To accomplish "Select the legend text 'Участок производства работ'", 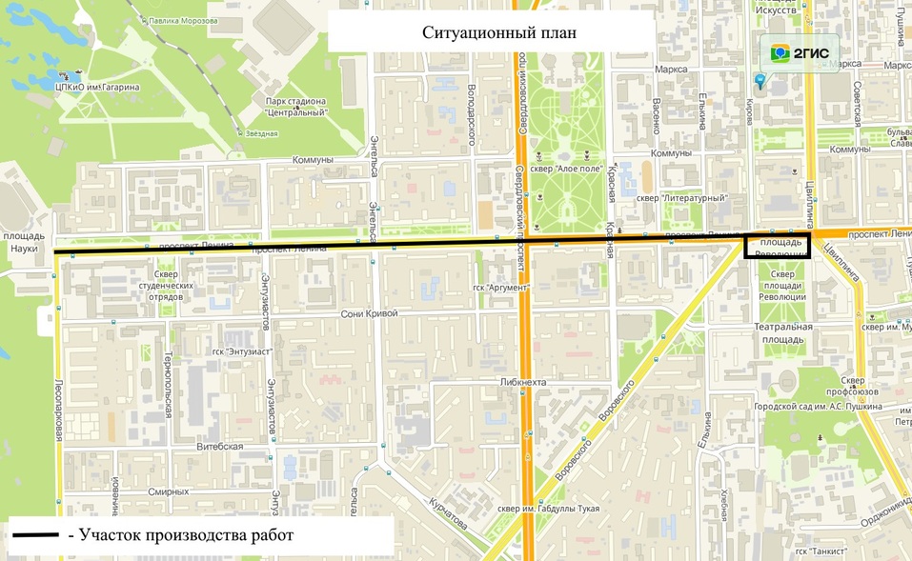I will pos(187,536).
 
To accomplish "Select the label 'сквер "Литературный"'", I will pos(681,198).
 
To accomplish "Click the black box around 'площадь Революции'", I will pos(777,247).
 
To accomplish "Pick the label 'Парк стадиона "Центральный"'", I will pos(296,107).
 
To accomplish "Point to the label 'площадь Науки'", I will pos(21,242).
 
